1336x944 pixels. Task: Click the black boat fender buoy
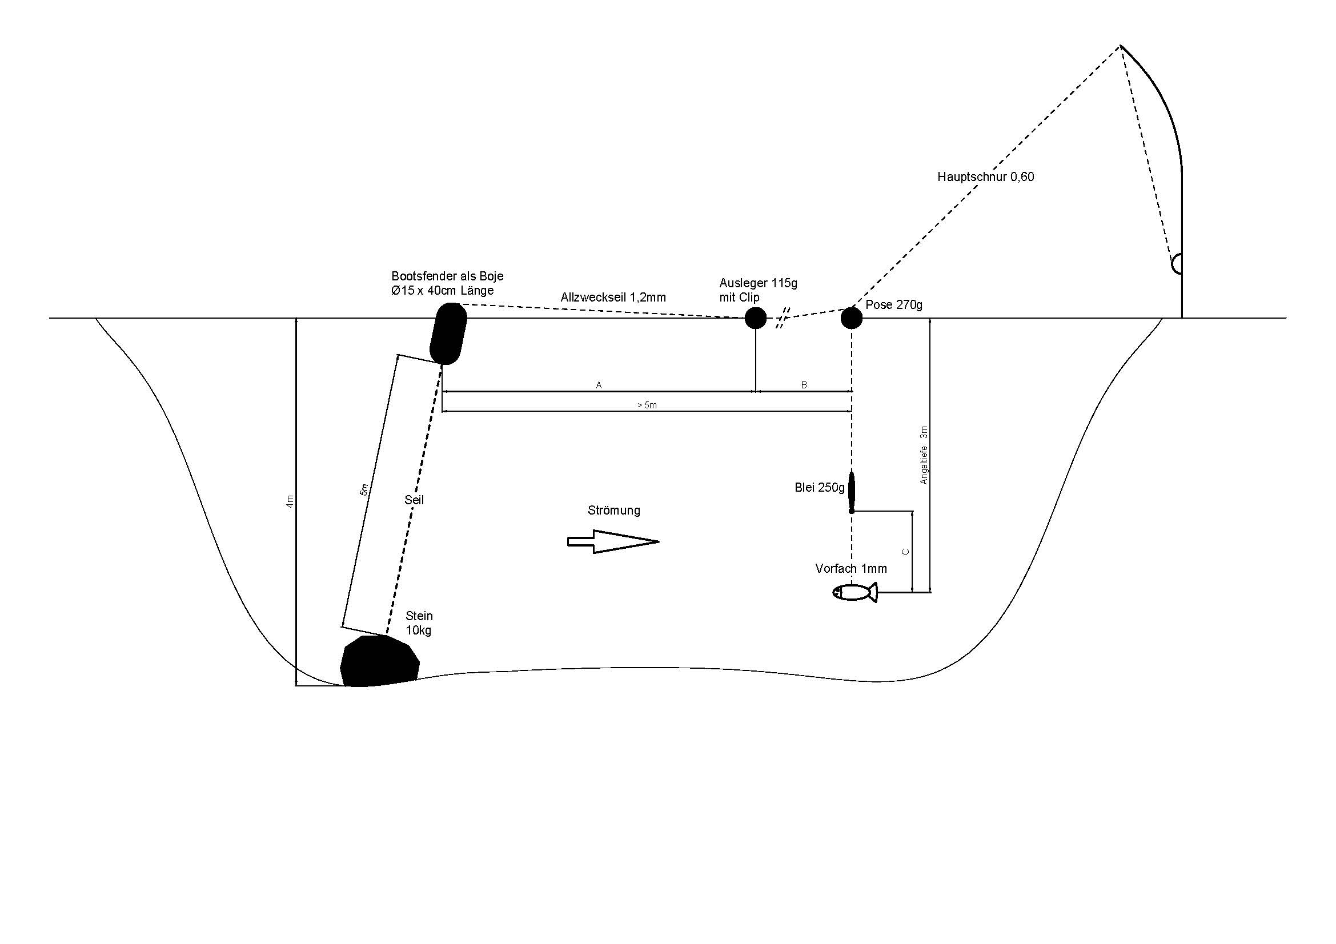(448, 334)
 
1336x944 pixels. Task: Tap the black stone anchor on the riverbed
(379, 661)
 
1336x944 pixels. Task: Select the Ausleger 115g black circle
(755, 318)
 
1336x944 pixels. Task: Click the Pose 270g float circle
(851, 318)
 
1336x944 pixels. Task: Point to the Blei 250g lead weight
(851, 491)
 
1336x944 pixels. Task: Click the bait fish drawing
(854, 592)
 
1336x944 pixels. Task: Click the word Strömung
(613, 511)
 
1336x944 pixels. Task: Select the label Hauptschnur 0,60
(985, 177)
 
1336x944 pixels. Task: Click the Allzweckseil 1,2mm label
(613, 298)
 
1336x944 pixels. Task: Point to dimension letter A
(599, 385)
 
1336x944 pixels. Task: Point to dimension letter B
(804, 385)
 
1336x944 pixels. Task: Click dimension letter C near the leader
(905, 552)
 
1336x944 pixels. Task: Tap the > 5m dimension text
(647, 405)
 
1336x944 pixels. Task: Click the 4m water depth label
(290, 501)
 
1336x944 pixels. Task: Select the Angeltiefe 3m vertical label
(924, 455)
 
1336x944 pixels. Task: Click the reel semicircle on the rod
(1176, 263)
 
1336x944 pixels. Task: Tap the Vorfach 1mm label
(850, 569)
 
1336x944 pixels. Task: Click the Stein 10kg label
(419, 623)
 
